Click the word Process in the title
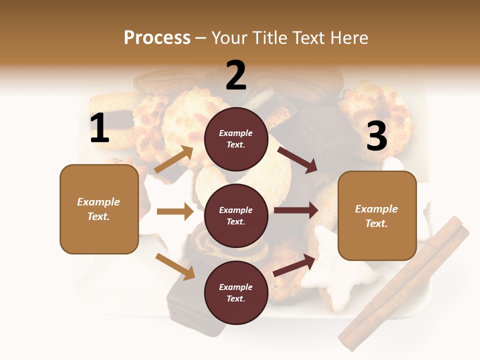(x=157, y=37)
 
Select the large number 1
(x=99, y=128)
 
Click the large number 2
(x=236, y=75)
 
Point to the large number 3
(x=376, y=136)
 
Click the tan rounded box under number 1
(x=99, y=209)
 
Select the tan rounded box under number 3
(x=377, y=215)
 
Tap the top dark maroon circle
(x=236, y=139)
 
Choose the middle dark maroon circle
(x=236, y=215)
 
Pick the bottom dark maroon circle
(x=236, y=292)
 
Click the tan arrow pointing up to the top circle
(x=174, y=159)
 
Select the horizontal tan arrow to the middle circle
(x=175, y=211)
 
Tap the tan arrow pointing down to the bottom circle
(x=175, y=266)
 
